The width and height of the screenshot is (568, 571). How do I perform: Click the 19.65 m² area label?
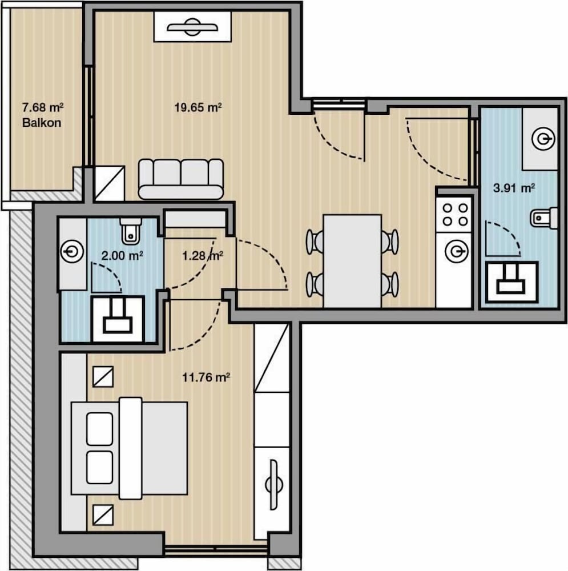tap(198, 107)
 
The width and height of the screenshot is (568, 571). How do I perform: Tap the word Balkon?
tap(42, 123)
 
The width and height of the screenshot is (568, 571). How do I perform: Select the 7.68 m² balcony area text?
tap(43, 107)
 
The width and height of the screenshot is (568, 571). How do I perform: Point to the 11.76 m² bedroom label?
tap(206, 377)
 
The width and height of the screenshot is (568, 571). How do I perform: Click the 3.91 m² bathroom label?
tap(514, 188)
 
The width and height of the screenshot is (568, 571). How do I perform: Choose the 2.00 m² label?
tap(122, 256)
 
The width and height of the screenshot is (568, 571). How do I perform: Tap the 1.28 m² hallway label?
tap(203, 256)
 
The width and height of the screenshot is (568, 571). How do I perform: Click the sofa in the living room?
tap(181, 179)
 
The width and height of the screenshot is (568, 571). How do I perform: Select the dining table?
tap(352, 261)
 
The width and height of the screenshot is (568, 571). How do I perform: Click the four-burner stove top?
tap(455, 215)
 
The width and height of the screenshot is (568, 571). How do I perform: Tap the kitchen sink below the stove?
tap(455, 251)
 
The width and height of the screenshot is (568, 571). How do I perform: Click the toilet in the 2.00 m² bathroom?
tap(130, 231)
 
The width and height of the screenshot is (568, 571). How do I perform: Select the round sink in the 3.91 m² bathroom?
tap(543, 139)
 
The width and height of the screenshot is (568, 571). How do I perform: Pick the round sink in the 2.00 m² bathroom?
tap(72, 251)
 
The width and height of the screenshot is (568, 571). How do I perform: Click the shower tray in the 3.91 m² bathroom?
tap(511, 282)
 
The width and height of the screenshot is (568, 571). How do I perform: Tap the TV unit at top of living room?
tap(192, 27)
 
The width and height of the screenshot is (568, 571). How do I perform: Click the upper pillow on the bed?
tap(99, 429)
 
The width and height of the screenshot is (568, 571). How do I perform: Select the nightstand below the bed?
tap(103, 515)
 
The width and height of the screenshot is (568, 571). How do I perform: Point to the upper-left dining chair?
tap(315, 242)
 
